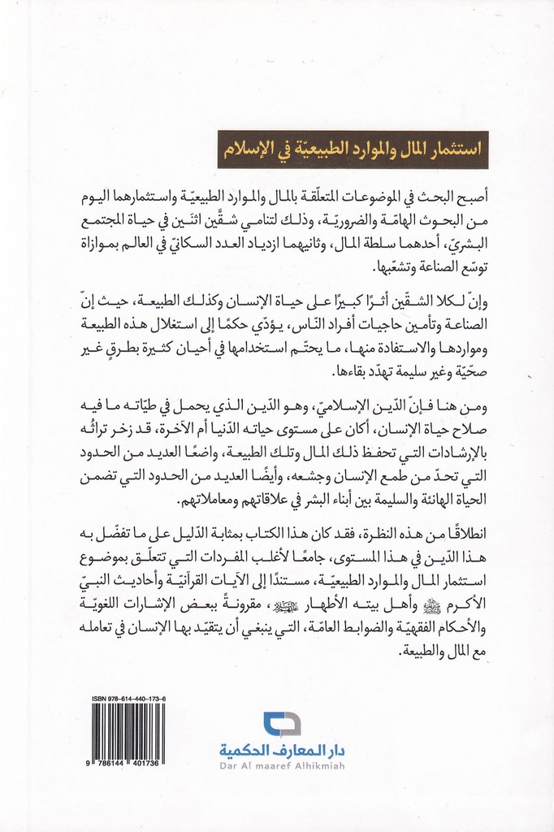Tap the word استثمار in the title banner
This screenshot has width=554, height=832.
[449, 149]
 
